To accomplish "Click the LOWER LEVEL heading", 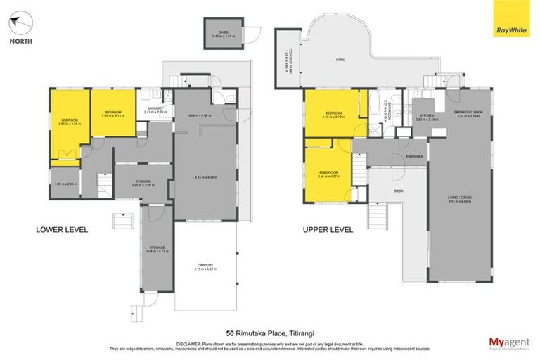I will (62, 229).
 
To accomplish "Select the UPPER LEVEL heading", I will (328, 229).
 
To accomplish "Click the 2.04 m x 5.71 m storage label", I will (156, 249).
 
